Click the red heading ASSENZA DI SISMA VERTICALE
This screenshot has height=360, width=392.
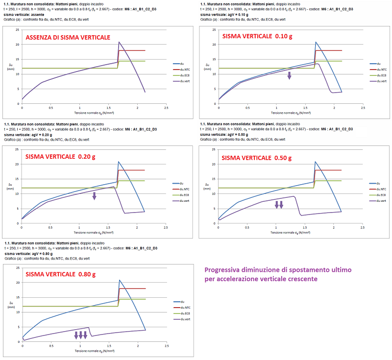pos(68,37)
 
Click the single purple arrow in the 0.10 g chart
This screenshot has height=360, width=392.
pos(289,75)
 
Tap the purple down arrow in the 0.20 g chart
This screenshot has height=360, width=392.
pos(95,196)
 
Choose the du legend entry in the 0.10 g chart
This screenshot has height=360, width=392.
pos(378,64)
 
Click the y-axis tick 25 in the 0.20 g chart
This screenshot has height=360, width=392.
pos(18,150)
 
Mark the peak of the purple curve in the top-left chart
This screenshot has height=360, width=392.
pos(119,42)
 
